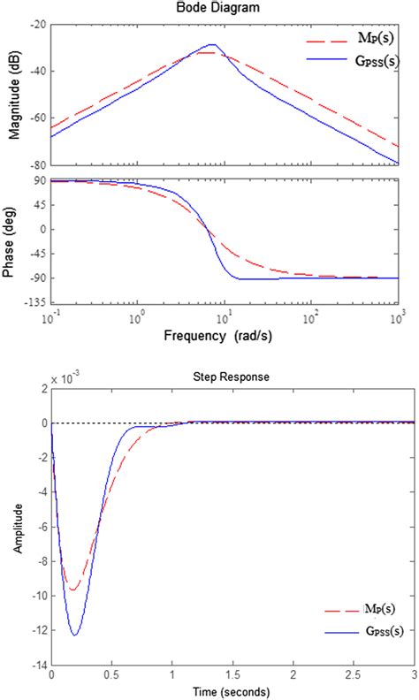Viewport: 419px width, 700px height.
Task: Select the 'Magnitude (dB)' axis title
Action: [12, 95]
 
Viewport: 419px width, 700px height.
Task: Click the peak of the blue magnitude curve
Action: [212, 44]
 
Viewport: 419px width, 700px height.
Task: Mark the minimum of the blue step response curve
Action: [75, 635]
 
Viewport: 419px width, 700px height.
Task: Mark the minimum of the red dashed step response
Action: [73, 590]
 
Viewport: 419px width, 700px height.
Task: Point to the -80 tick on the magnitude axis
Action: [37, 165]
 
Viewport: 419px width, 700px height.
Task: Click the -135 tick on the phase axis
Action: [35, 302]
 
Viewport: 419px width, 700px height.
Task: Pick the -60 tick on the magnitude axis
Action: [37, 118]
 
